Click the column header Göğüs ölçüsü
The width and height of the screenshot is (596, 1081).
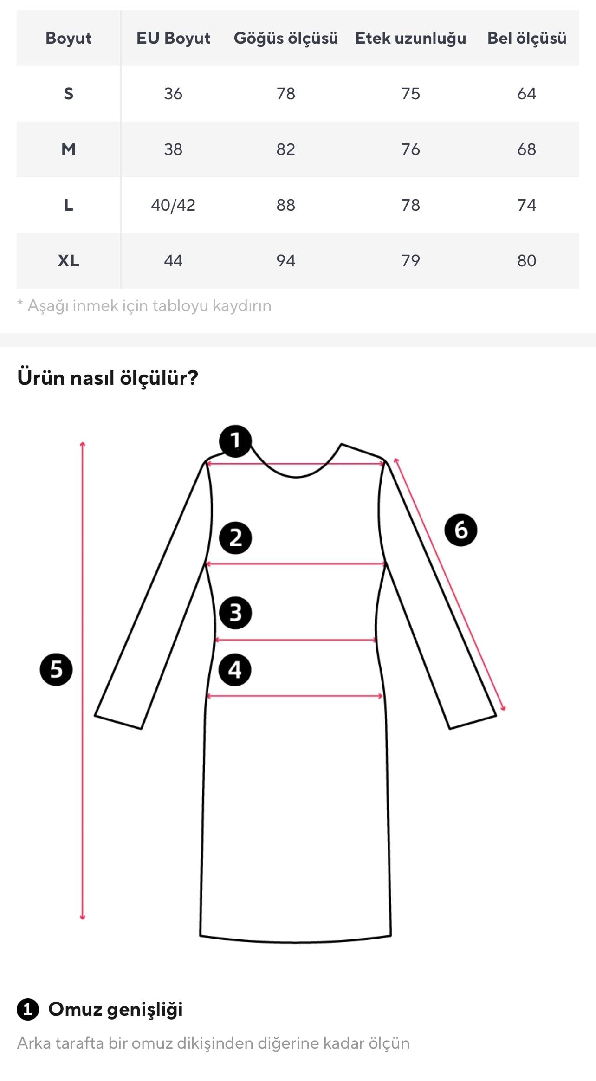tap(285, 38)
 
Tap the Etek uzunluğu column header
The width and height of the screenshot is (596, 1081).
tap(410, 38)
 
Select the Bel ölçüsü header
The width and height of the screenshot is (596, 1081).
tap(526, 38)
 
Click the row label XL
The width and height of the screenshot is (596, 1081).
tap(68, 261)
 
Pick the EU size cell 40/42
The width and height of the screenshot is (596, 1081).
tap(173, 205)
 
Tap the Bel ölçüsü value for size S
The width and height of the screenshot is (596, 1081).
tap(526, 94)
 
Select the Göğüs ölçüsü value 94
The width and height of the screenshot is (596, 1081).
tap(285, 261)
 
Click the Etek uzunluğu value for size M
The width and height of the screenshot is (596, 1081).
tap(410, 149)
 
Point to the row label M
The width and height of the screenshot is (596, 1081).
tap(68, 149)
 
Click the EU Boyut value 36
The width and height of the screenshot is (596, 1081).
tap(173, 94)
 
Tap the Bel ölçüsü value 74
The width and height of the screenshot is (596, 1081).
tap(526, 205)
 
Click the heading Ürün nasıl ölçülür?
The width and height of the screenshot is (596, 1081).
tap(108, 378)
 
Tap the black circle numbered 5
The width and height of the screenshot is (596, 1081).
tap(56, 669)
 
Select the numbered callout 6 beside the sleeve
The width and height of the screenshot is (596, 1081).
tap(460, 530)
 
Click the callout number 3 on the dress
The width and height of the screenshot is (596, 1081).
tap(235, 613)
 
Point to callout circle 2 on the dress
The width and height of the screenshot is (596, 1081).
tap(235, 538)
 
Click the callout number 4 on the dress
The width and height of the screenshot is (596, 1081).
tap(235, 670)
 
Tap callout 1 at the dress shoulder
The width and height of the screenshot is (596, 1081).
tap(235, 440)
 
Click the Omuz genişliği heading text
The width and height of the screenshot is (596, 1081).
tap(115, 1009)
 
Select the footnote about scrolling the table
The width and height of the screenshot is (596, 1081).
tap(144, 306)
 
